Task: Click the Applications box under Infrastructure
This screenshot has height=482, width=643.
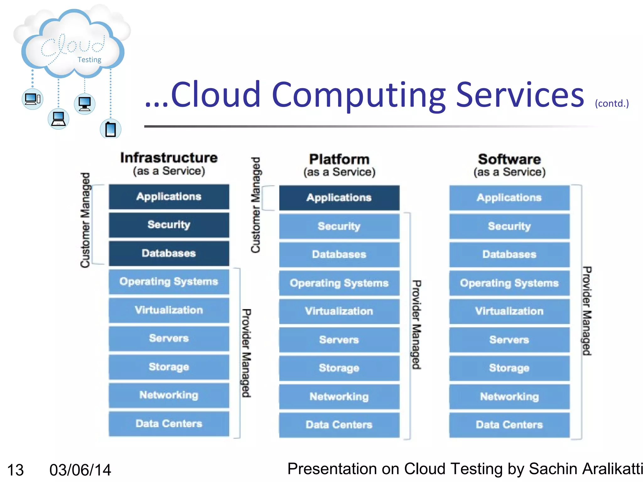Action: click(169, 197)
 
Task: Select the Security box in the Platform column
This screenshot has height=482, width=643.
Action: click(339, 226)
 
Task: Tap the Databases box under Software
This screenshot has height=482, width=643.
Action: click(509, 254)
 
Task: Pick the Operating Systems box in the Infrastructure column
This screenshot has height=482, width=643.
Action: click(169, 282)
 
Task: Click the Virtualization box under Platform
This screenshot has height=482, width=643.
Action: click(339, 311)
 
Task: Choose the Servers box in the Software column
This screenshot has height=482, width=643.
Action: click(509, 340)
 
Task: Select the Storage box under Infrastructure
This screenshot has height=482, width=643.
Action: click(169, 367)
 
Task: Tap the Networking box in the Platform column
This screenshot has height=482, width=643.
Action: click(339, 397)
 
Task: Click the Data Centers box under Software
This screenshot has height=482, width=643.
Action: click(509, 425)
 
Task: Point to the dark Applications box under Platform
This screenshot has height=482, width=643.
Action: click(339, 198)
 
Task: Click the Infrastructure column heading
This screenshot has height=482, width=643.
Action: click(169, 158)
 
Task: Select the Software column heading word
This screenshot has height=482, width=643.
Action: click(509, 159)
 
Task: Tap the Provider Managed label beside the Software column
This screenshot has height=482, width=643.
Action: click(587, 311)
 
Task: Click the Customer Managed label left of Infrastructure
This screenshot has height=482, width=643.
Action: click(85, 220)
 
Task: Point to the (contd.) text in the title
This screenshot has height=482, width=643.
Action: click(612, 103)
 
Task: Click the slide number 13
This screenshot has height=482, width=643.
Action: click(15, 470)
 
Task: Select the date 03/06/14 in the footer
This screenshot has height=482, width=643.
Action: click(80, 470)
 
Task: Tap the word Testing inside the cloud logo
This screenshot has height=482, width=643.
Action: click(89, 60)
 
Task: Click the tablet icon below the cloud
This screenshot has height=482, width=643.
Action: click(111, 129)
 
